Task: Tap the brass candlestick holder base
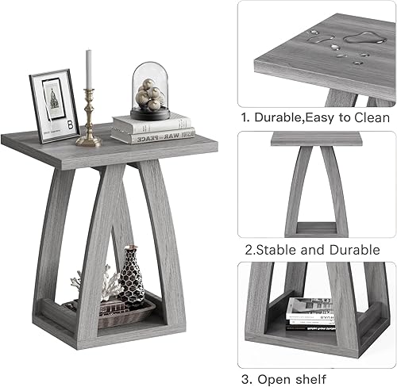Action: tap(88, 140)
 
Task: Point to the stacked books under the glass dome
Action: tap(152, 128)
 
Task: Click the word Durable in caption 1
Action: tap(280, 117)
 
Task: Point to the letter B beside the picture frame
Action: tap(71, 125)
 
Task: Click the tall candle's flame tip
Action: tap(88, 52)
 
